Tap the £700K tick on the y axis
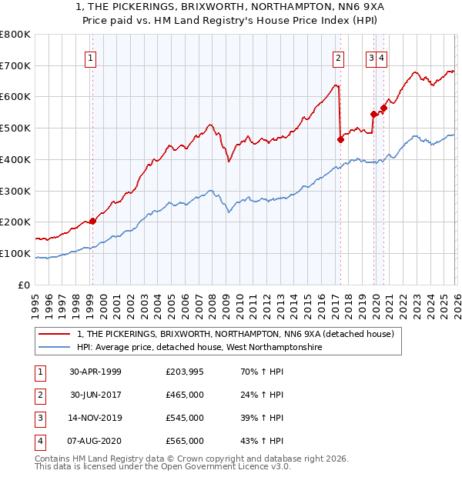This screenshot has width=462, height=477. pos(15,65)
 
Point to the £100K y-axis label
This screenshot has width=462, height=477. pos(15,253)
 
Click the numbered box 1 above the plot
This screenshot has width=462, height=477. pos(91,56)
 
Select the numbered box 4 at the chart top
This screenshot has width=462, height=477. pos(383,56)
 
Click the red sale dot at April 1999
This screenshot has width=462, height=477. pos(93,221)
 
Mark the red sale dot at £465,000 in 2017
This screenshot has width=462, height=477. pos(340,139)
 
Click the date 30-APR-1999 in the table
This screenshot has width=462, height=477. pos(95,371)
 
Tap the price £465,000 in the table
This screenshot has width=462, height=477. pos(185,395)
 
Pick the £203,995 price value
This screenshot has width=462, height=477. pos(185,371)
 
